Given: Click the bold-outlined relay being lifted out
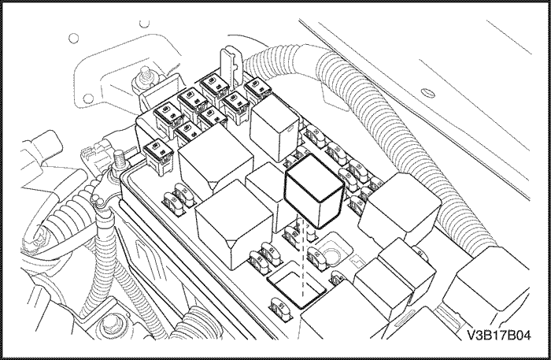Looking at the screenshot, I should pyautogui.click(x=313, y=189).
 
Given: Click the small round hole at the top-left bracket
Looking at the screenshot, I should pyautogui.click(x=74, y=37).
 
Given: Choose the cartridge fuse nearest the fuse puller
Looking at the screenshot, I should pyautogui.click(x=213, y=84).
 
